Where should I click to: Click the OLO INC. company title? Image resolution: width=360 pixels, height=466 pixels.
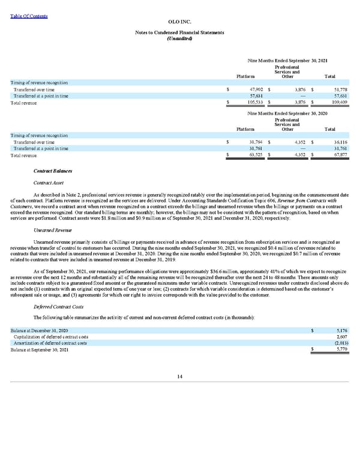(180, 21)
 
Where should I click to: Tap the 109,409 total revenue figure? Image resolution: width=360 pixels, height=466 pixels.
(333, 103)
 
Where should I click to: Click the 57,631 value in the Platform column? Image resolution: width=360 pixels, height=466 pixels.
(255, 95)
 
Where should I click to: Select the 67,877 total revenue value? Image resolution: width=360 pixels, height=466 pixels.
(334, 156)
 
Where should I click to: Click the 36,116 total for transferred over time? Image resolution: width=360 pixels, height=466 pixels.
(334, 142)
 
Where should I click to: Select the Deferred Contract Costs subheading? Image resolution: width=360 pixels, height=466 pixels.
(58, 306)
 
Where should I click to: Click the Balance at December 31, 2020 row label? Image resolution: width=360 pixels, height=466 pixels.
(40, 330)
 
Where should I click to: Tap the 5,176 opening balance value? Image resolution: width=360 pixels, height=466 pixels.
(334, 330)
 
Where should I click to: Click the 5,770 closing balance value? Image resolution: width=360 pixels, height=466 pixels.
(334, 349)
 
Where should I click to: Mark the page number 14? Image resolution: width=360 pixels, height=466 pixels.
(180, 377)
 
